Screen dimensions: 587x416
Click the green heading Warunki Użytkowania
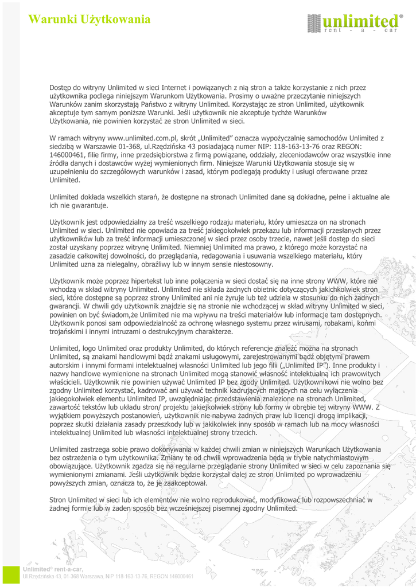tap(90, 19)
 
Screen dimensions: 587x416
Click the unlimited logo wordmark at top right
tap(361, 22)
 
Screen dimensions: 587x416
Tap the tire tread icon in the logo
tap(313, 23)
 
